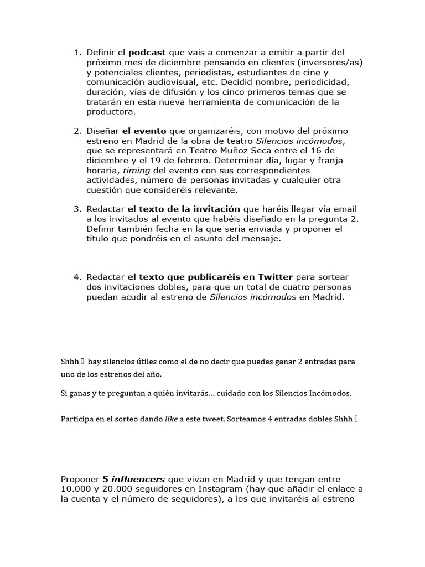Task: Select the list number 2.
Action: coord(77,131)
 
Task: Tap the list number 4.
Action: coord(77,277)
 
